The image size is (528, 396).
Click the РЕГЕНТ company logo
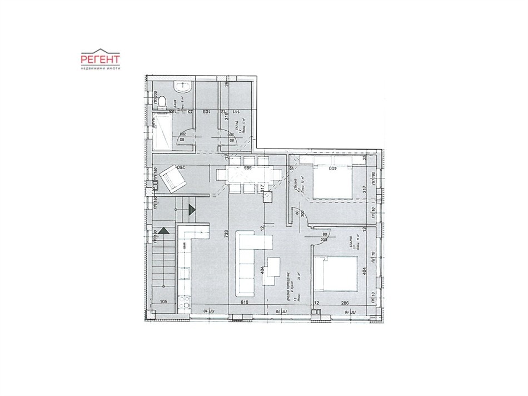(101, 59)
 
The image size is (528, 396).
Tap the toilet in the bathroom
(161, 102)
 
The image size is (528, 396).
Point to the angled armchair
(175, 179)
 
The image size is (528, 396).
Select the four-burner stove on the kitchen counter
(185, 303)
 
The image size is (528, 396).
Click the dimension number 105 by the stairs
(164, 301)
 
